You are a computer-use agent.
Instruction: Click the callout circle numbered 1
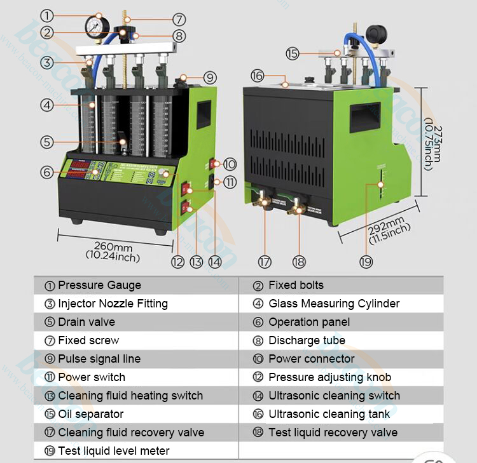coord(47,14)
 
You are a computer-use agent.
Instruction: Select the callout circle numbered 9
coord(211,78)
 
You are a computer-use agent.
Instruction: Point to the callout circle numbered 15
coord(292,54)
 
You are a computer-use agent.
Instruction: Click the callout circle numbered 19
coord(365,260)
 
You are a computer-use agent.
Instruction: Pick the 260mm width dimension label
coord(113,247)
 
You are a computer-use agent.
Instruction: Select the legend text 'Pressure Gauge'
coord(99,285)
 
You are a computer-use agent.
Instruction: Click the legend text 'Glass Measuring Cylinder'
coord(334,304)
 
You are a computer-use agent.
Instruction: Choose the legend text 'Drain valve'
coord(86,322)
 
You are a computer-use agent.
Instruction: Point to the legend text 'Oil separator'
coord(91,414)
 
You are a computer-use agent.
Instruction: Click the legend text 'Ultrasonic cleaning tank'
coord(329,414)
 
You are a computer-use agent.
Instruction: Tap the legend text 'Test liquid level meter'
coord(113,451)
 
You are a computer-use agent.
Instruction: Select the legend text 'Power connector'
coord(312,359)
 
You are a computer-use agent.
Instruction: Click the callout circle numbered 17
coord(265,260)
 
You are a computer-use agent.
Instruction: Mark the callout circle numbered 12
coord(177,260)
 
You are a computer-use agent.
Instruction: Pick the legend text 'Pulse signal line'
coord(99,359)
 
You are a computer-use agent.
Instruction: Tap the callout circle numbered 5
coord(47,142)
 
